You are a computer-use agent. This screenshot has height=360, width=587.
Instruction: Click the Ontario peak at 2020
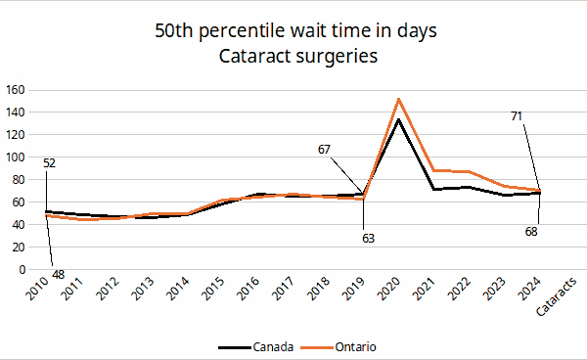[x=399, y=99]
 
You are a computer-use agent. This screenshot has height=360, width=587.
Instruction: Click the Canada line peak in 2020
[x=399, y=120]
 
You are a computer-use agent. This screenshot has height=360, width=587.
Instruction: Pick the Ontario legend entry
[x=339, y=347]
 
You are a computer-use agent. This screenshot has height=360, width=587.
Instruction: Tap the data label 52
[x=50, y=163]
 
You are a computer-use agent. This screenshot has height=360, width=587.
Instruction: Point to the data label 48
[x=59, y=275]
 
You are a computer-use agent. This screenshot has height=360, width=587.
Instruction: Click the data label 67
[x=324, y=150]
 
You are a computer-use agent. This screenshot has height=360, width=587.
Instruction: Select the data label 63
[x=369, y=239]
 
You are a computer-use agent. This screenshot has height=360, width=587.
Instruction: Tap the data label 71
[x=517, y=116]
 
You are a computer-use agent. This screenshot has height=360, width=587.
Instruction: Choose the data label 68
[x=531, y=232]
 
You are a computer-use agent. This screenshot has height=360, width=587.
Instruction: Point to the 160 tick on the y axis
[x=15, y=90]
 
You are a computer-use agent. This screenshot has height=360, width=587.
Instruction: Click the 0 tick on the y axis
[x=22, y=269]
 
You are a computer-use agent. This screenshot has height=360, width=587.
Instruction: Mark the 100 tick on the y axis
[x=15, y=157]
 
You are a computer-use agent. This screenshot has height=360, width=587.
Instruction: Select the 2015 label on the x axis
[x=213, y=289]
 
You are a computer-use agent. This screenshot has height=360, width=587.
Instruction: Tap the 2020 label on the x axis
[x=388, y=289]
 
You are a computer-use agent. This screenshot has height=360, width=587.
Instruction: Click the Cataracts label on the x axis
[x=556, y=297]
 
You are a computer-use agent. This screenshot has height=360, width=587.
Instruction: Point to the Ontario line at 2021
[x=433, y=170]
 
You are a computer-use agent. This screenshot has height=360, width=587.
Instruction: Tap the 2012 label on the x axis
[x=108, y=289]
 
